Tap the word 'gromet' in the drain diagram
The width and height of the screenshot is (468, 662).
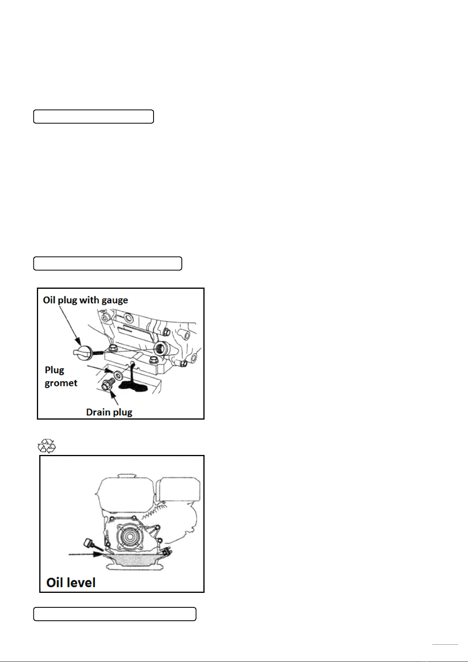(x=61, y=383)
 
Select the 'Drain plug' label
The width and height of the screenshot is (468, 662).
(x=109, y=412)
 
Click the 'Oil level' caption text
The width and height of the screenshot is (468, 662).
(x=71, y=583)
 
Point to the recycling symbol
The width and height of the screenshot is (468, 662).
(x=47, y=446)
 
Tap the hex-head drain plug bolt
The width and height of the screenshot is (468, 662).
(x=108, y=384)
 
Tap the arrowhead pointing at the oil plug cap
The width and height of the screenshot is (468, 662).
(x=79, y=341)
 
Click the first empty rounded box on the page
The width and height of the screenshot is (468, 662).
(x=93, y=116)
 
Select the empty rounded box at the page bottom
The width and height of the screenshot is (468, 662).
(x=115, y=614)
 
